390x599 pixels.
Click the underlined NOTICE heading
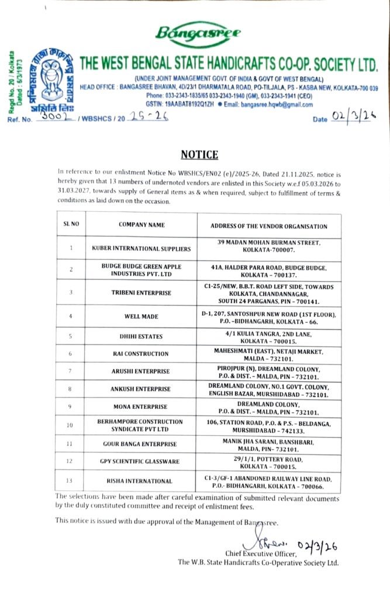199,155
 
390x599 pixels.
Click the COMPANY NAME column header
141,225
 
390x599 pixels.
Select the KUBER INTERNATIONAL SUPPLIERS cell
141,249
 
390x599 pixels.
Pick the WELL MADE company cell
141,316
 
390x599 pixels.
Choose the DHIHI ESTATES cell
141,336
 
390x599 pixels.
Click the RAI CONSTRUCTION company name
141,354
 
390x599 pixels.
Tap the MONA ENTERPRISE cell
141,407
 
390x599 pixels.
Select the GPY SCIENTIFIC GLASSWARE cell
141,462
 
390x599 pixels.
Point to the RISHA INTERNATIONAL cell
141,481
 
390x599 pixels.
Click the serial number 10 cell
71,426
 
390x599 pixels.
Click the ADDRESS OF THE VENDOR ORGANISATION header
268,226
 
